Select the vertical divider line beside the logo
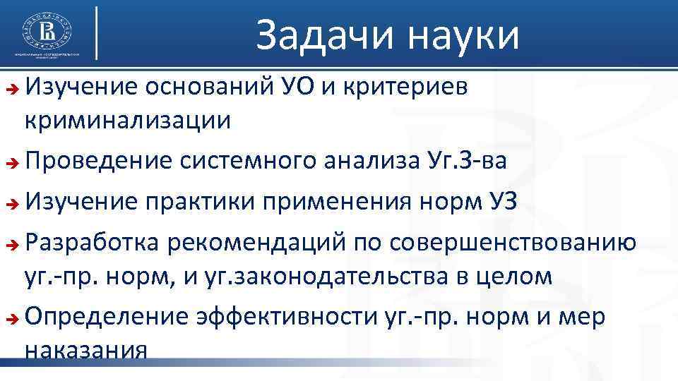[96, 32]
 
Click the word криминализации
[128, 121]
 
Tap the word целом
[513, 277]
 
